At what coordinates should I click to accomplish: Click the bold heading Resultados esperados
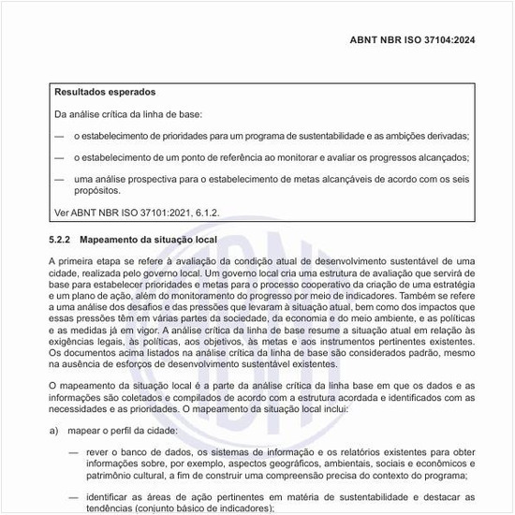click(x=105, y=93)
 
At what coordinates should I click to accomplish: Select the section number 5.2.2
click(x=61, y=240)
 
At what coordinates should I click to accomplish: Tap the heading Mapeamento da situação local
click(x=148, y=240)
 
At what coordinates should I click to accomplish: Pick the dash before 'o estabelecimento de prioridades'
click(x=59, y=137)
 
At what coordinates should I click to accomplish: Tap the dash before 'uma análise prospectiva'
click(x=59, y=179)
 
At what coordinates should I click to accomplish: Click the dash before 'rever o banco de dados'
click(x=73, y=451)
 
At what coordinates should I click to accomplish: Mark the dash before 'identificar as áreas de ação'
click(x=73, y=496)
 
